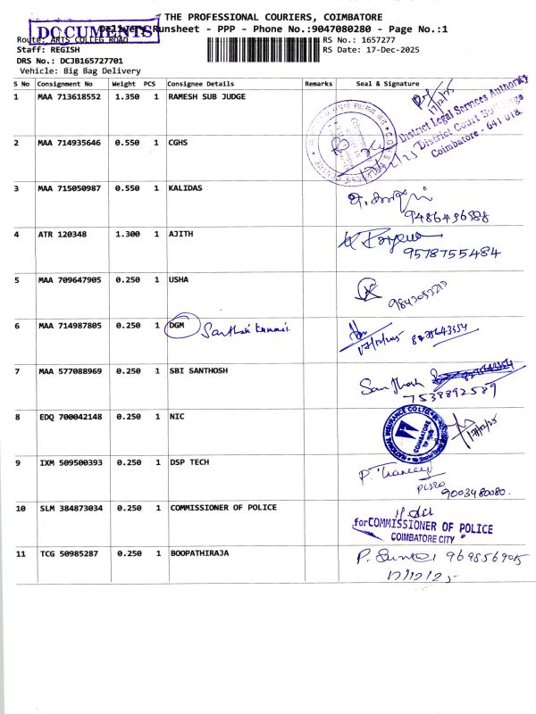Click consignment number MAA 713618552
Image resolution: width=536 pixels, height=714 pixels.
(x=69, y=95)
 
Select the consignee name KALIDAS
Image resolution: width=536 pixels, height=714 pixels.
(x=186, y=188)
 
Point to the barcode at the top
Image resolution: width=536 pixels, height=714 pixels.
(x=263, y=46)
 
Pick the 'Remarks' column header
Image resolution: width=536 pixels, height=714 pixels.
(x=318, y=83)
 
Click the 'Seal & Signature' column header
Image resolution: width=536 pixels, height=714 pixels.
(x=388, y=83)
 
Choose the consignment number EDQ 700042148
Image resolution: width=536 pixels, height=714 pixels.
(x=69, y=417)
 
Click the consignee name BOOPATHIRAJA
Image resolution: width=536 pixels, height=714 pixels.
(x=199, y=553)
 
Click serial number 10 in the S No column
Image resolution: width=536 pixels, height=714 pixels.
(x=20, y=508)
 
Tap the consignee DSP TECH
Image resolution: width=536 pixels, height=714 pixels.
(x=190, y=462)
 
